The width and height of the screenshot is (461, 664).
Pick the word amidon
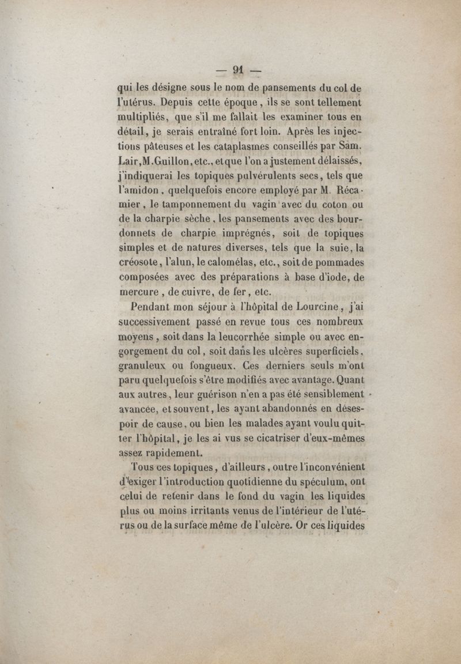coord(138,198)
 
